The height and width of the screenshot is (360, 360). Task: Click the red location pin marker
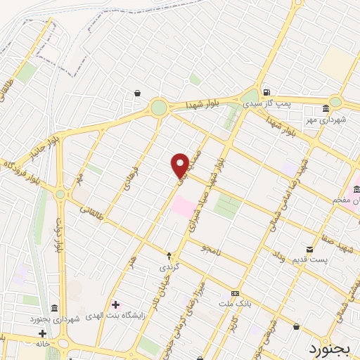(180, 165)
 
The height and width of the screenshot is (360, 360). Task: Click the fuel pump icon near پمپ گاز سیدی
(266, 92)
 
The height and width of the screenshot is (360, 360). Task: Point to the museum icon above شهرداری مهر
(326, 109)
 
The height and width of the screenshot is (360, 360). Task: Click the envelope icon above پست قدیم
(310, 250)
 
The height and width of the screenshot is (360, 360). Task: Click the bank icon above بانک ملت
(235, 293)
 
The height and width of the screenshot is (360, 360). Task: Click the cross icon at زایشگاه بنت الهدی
(116, 305)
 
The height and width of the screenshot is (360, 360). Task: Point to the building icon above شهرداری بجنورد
(54, 308)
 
